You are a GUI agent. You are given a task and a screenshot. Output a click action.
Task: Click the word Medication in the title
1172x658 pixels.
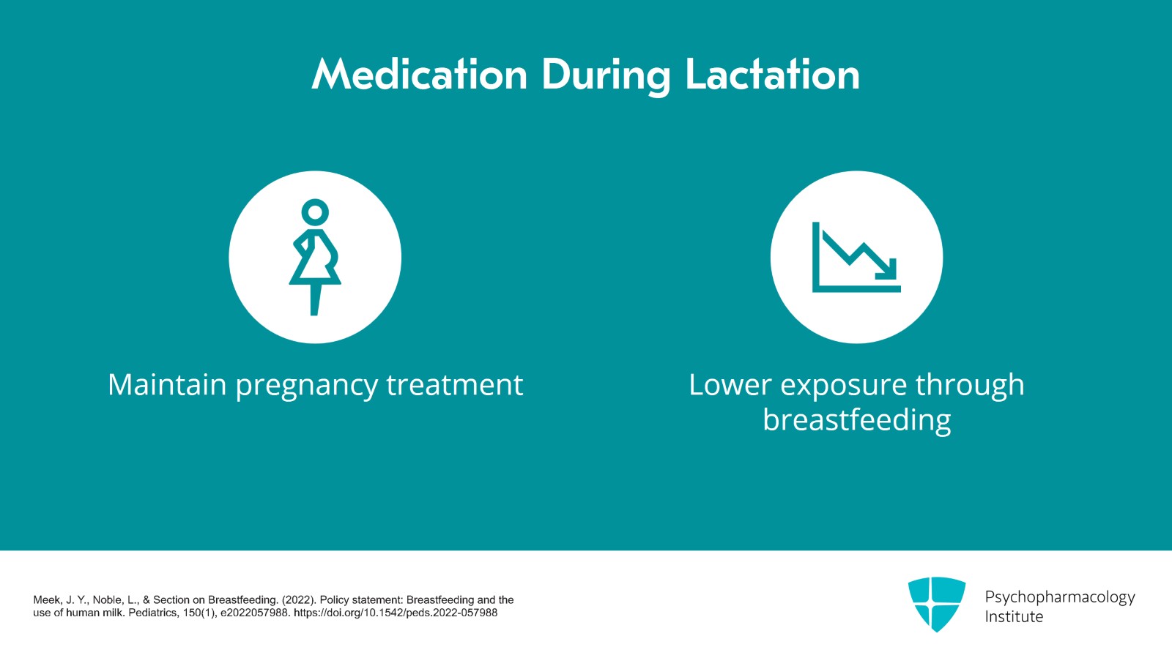tap(420, 75)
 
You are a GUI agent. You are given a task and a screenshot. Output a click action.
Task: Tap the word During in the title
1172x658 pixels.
tap(606, 76)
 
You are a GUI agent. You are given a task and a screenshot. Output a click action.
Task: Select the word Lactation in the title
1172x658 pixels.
tap(772, 75)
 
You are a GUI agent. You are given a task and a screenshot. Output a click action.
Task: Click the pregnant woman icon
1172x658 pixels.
tap(315, 257)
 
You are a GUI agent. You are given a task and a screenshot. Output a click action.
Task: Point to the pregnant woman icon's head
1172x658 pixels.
tap(315, 212)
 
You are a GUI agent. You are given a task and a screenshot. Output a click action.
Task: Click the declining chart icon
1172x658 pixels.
tap(856, 257)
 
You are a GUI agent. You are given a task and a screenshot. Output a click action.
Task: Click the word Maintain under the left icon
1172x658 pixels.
tap(167, 385)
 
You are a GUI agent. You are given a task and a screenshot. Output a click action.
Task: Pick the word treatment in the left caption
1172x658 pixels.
tap(454, 385)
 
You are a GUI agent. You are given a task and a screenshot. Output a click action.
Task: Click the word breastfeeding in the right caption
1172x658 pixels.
tap(856, 421)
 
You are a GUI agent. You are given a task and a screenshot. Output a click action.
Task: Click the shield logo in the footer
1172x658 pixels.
tap(936, 604)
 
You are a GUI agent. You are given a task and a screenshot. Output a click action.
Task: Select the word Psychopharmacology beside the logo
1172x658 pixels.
tap(1059, 597)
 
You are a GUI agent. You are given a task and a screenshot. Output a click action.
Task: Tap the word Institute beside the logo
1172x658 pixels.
tap(1014, 617)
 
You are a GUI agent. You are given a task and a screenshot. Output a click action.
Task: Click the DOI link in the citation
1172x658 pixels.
tap(396, 613)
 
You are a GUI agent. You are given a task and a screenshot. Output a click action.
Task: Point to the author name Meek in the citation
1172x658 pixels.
tap(48, 599)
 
